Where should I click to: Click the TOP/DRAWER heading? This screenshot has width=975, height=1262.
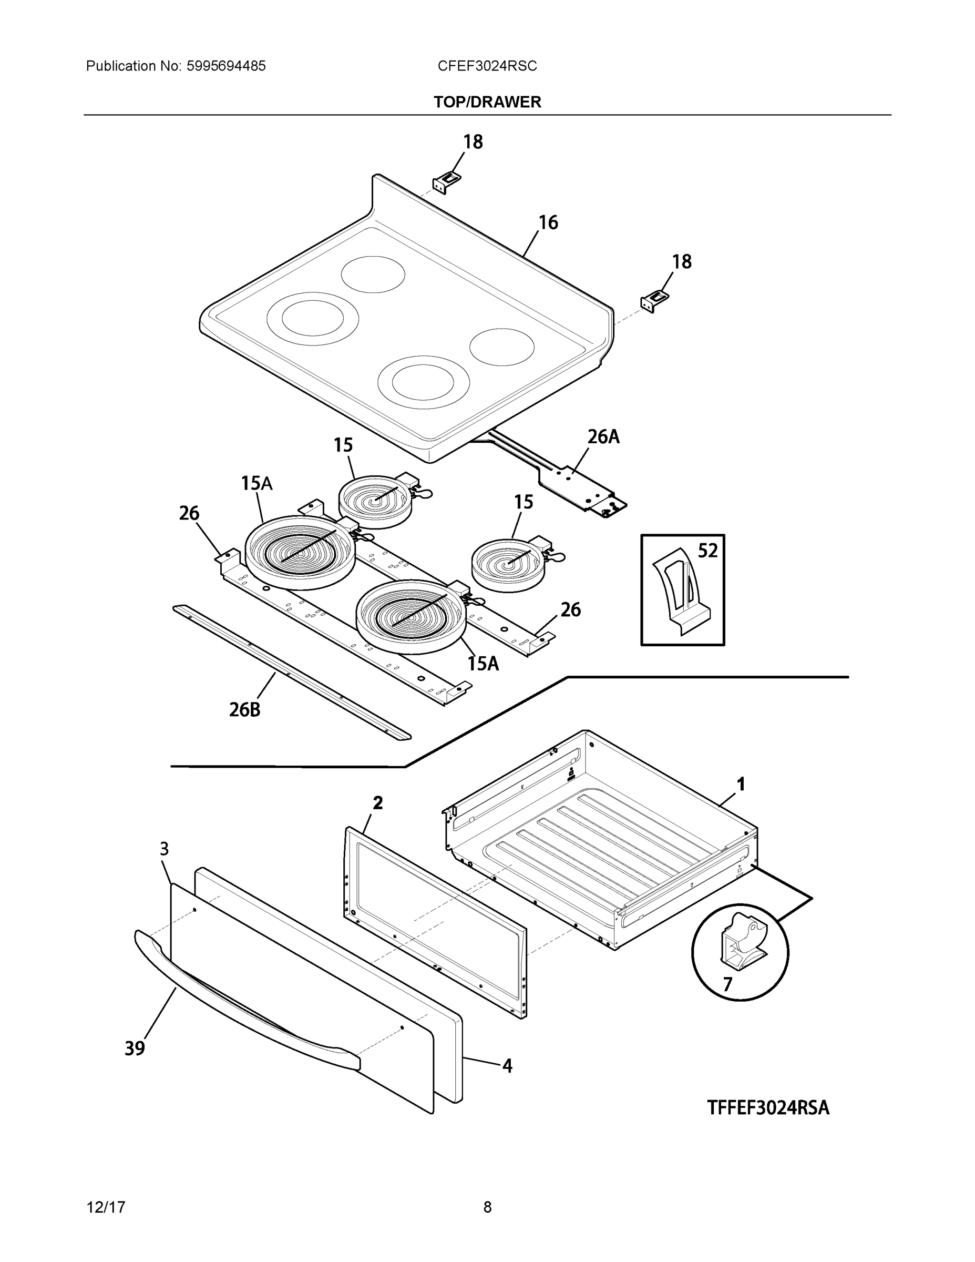[x=487, y=103]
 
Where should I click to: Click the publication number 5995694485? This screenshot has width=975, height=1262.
[x=226, y=66]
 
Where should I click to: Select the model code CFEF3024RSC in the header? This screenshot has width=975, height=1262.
[x=487, y=66]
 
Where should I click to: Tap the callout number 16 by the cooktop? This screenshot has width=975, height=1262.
[x=548, y=222]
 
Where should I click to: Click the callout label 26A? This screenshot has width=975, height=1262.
[x=603, y=437]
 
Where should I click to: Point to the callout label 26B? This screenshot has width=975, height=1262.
[x=244, y=709]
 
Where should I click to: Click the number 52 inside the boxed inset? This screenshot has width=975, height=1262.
[x=707, y=551]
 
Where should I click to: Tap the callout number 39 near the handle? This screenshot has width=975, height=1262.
[x=135, y=1047]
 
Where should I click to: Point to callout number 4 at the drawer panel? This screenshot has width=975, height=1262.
[x=507, y=1065]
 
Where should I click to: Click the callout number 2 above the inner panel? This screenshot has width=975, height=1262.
[x=377, y=802]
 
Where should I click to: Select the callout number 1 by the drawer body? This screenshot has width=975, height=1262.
[x=741, y=784]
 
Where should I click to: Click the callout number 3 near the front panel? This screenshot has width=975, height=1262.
[x=164, y=849]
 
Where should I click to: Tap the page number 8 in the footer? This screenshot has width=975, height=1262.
[x=487, y=1207]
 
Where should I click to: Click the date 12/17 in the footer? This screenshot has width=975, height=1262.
[x=106, y=1207]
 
